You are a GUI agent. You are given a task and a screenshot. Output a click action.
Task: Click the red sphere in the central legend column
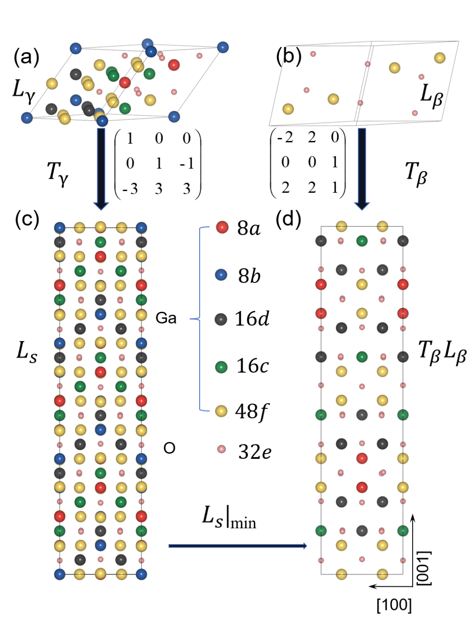pyautogui.click(x=222, y=227)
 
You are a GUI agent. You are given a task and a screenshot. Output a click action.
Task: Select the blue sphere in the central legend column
pyautogui.click(x=221, y=275)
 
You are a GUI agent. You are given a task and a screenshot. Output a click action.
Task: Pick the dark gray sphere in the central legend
pyautogui.click(x=221, y=319)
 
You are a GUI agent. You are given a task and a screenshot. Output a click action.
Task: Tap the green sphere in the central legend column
pyautogui.click(x=221, y=367)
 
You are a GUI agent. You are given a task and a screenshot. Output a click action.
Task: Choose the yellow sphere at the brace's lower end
pyautogui.click(x=221, y=411)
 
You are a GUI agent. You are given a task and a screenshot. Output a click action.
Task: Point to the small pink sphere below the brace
pyautogui.click(x=221, y=449)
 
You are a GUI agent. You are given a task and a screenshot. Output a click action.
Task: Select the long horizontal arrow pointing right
pyautogui.click(x=237, y=546)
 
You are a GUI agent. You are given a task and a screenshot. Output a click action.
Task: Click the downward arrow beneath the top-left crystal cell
pyautogui.click(x=101, y=169)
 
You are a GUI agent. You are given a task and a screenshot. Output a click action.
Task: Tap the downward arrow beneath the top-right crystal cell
pyautogui.click(x=362, y=169)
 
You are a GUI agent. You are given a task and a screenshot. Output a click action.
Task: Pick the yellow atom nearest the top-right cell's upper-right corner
pyautogui.click(x=440, y=58)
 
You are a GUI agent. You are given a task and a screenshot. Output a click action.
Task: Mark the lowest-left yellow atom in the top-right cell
pyautogui.click(x=288, y=109)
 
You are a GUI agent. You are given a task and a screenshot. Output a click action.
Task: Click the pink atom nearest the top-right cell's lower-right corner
pyautogui.click(x=415, y=113)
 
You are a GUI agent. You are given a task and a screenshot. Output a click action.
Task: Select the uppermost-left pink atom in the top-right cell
pyautogui.click(x=313, y=54)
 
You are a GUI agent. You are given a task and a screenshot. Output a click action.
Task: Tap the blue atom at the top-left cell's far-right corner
pyautogui.click(x=223, y=47)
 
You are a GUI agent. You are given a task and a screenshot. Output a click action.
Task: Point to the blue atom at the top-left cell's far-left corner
pyautogui.click(x=27, y=118)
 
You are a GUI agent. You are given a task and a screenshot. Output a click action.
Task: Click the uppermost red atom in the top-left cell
pyautogui.click(x=174, y=65)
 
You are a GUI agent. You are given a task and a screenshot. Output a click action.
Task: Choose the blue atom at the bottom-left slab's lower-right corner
pyautogui.click(x=141, y=574)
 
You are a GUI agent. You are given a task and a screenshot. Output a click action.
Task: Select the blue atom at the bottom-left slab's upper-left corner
pyautogui.click(x=60, y=228)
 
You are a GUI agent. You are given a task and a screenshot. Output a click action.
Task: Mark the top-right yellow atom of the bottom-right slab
pyautogui.click(x=382, y=226)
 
